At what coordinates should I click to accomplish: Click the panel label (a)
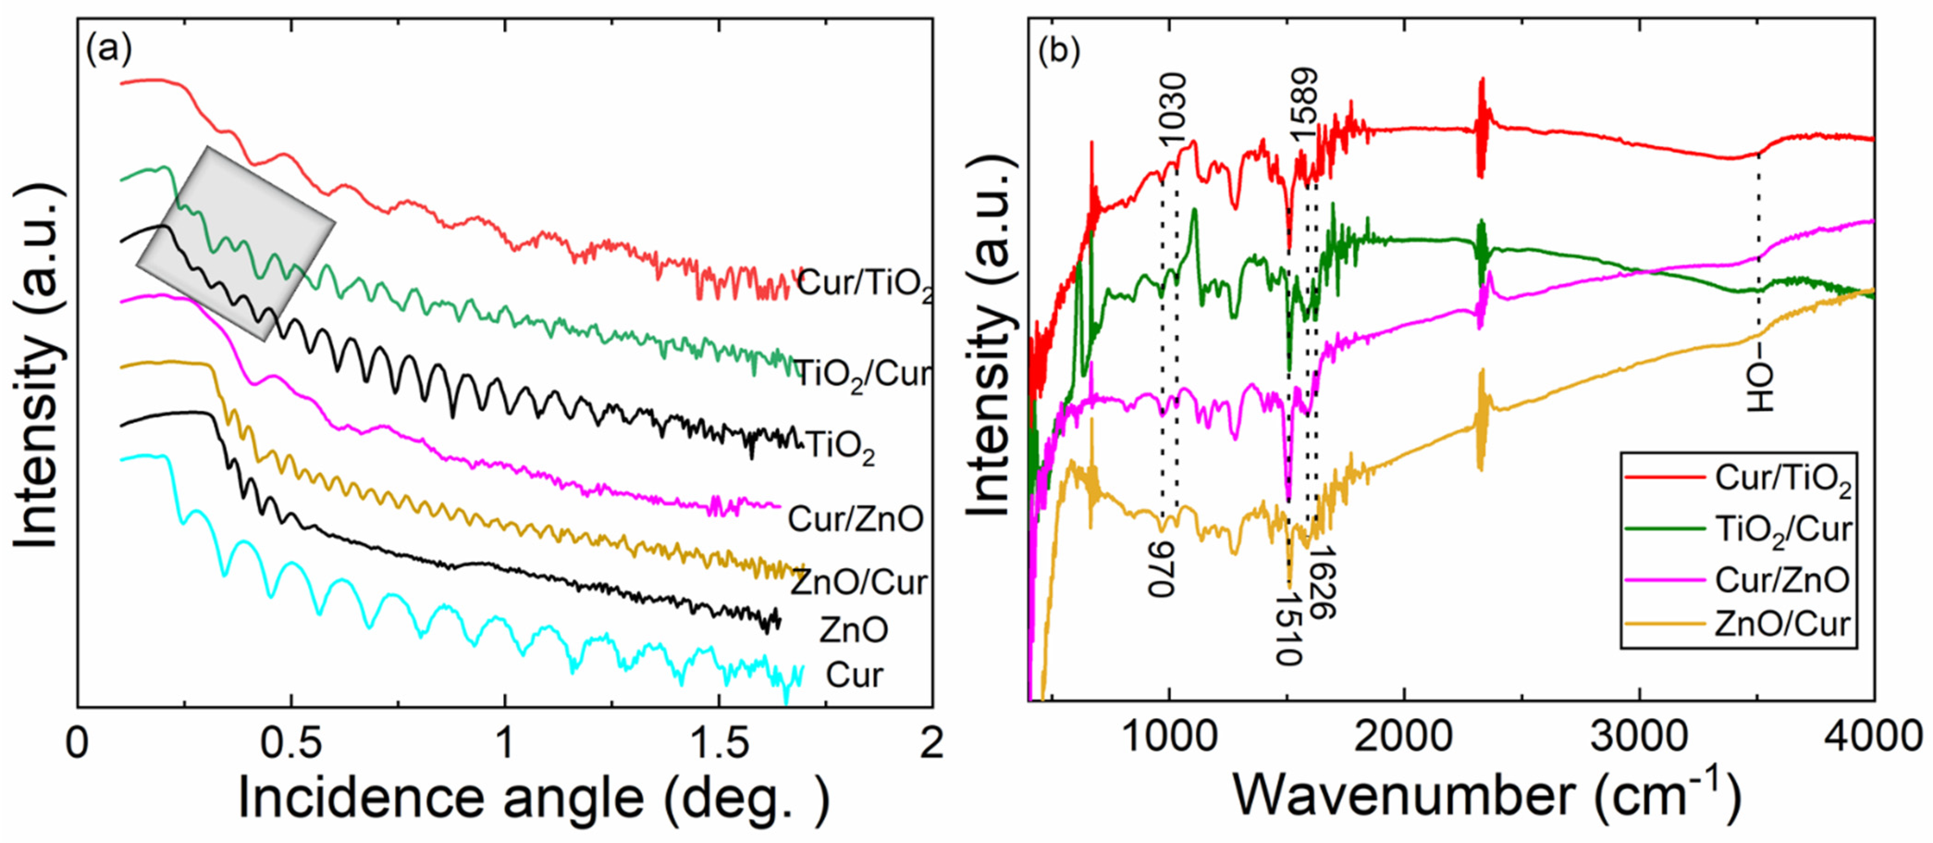tap(109, 50)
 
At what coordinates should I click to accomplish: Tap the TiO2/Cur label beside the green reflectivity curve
tap(862, 373)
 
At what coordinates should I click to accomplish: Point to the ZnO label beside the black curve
tap(853, 629)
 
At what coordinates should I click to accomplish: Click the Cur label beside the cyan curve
tap(854, 675)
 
